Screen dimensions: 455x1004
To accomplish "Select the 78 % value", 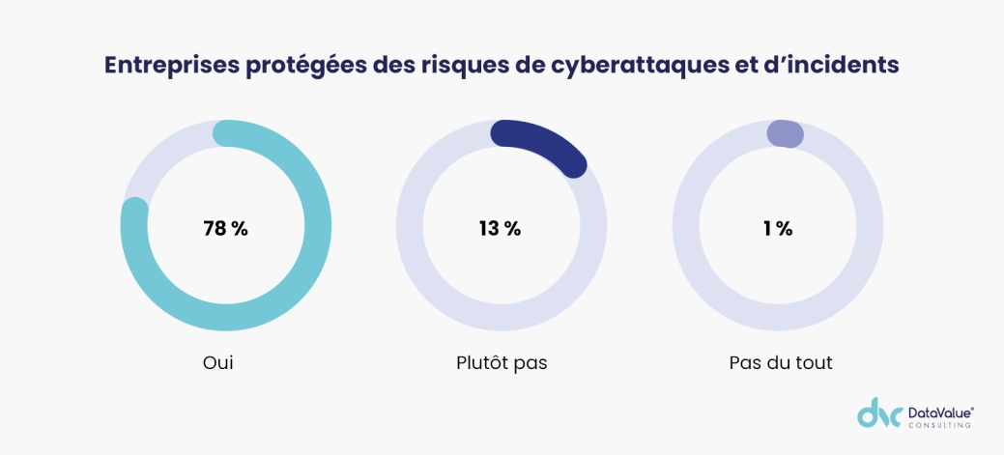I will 225,229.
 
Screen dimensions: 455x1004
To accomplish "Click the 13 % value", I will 500,229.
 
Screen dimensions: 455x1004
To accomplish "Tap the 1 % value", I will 777,229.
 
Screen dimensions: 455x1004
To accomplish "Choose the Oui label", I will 218,363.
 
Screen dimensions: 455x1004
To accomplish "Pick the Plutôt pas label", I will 502,363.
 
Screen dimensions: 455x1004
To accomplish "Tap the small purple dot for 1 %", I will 784,134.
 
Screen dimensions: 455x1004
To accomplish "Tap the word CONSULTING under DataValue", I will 939,424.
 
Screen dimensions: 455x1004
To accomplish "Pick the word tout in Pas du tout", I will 813,363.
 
